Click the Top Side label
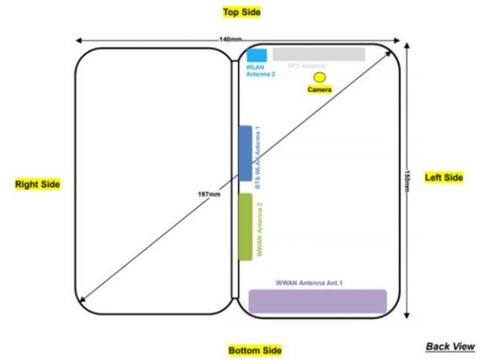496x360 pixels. pos(242,12)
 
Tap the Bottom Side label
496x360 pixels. pos(255,350)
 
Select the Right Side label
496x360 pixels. pos(38,184)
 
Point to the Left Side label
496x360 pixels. pos(444,178)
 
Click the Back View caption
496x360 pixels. pos(450,346)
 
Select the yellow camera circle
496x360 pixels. pos(319,76)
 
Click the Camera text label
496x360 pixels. pos(319,90)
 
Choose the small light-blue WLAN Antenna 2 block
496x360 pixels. pos(257,55)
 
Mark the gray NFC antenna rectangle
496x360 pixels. pos(319,54)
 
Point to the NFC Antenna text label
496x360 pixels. pos(306,66)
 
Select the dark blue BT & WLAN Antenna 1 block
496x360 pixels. pos(245,153)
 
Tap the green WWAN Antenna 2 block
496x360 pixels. pos(245,226)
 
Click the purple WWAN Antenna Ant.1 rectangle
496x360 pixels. pos(317,301)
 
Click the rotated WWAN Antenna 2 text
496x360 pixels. pos(260,229)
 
